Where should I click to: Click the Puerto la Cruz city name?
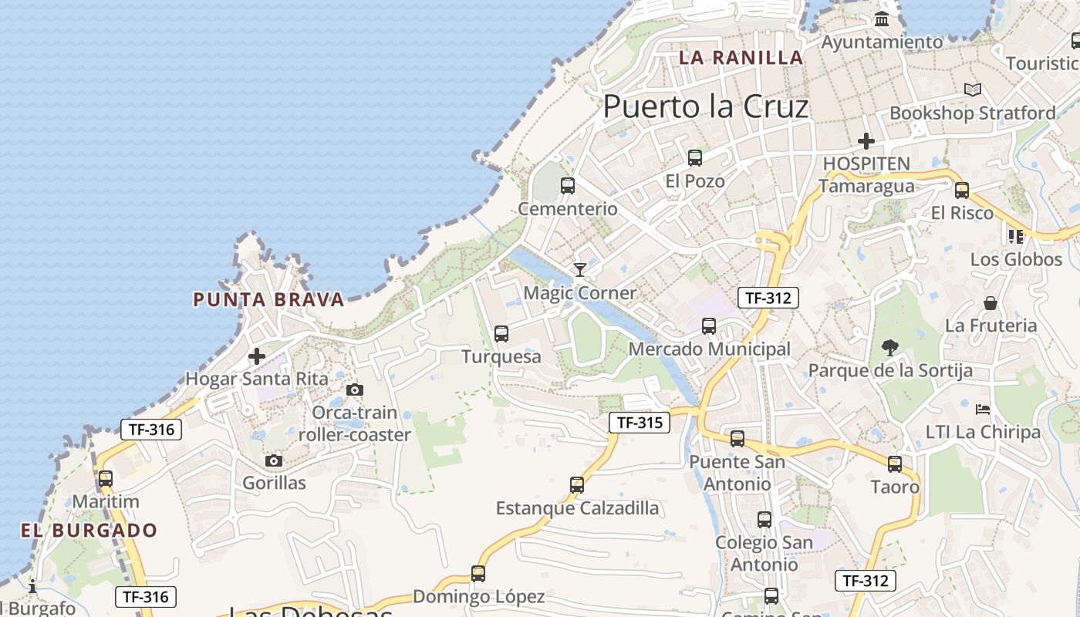[706, 106]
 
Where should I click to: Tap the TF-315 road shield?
[640, 423]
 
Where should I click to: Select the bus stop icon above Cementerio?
[568, 186]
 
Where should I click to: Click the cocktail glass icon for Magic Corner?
[580, 269]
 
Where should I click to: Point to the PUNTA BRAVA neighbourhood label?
[268, 300]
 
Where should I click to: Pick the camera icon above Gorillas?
[273, 461]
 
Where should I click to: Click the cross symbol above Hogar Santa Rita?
[257, 356]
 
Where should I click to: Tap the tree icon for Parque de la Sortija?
[889, 348]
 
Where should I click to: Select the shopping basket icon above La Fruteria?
[991, 303]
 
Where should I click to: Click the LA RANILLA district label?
[741, 58]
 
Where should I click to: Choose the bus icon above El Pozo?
[695, 158]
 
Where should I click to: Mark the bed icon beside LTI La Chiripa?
[982, 409]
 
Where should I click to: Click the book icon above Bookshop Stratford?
[973, 90]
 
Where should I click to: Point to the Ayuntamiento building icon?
[882, 19]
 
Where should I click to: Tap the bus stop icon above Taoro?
[895, 464]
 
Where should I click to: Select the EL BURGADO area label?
[89, 531]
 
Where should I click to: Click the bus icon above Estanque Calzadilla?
[577, 485]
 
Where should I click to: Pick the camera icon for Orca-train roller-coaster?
[355, 390]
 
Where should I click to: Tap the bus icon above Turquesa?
[501, 334]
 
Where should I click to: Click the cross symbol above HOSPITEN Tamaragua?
[866, 141]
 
